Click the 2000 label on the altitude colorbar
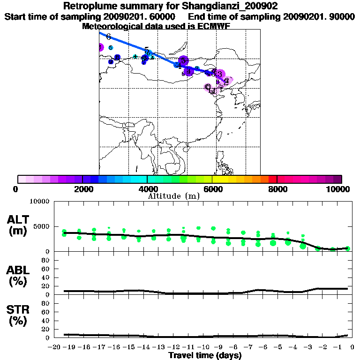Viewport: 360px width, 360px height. [82, 189]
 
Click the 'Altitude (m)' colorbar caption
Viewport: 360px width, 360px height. [173, 196]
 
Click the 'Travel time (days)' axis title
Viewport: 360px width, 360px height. [205, 356]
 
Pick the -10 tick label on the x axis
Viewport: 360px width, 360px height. [204, 347]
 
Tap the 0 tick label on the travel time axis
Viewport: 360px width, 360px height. [352, 347]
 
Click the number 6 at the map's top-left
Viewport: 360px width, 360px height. [108, 37]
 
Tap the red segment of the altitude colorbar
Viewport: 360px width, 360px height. [273, 179]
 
